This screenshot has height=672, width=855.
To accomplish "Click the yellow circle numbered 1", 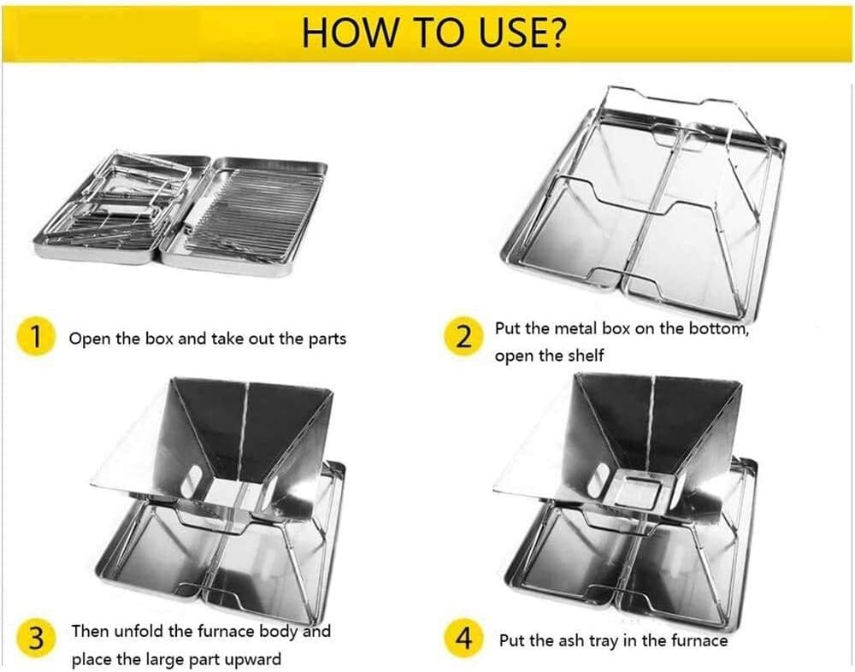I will (x=34, y=337).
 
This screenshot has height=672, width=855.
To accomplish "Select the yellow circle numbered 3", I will (x=34, y=640).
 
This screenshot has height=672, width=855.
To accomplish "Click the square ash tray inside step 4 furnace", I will (x=634, y=489).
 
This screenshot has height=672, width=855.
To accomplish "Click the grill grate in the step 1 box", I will (x=248, y=209).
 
